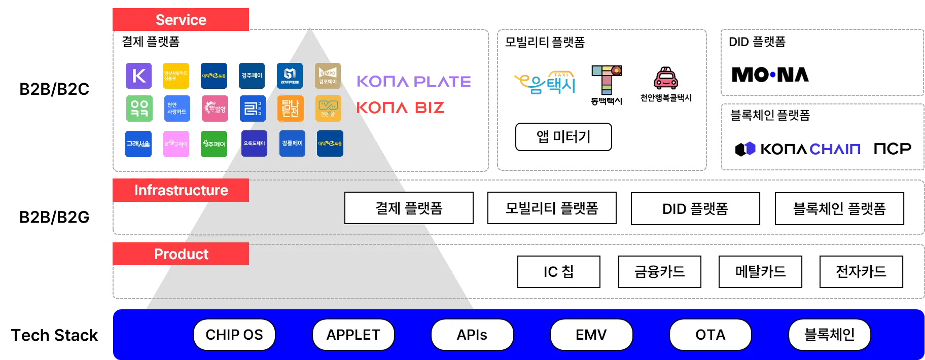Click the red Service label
181,20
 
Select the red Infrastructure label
181,190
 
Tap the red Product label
181,254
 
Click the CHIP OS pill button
234,335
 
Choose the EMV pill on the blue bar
591,335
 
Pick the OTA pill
710,335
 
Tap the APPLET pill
353,335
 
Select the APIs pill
472,335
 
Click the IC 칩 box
558,272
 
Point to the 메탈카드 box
760,272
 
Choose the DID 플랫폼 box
695,208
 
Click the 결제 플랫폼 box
409,208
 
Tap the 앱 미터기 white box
563,136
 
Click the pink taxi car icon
665,78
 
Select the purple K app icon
139,76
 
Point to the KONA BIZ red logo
401,107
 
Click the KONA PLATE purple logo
415,81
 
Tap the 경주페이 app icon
252,76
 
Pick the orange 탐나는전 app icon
291,108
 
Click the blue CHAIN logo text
835,149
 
